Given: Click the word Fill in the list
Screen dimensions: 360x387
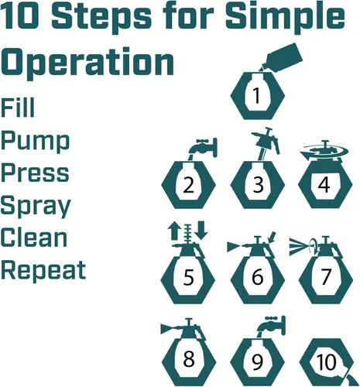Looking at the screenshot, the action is tap(18, 108).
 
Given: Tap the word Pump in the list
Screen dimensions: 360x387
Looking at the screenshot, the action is tap(36, 142).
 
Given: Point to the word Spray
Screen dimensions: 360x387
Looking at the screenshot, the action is tap(36, 207).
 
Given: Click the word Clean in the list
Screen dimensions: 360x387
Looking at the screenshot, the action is tap(34, 238).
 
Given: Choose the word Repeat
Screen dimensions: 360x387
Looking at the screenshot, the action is tap(43, 269).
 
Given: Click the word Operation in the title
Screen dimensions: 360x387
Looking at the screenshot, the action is tap(87, 63).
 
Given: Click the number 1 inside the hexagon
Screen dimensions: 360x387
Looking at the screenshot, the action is tap(256, 96).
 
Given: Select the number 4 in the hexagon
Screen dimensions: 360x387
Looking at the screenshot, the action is tap(324, 184).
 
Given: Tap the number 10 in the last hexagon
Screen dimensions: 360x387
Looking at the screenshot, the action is tap(326, 361).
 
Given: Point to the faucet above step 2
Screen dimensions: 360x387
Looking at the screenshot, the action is tap(204, 149).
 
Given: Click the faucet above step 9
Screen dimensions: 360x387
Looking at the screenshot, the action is tap(271, 326).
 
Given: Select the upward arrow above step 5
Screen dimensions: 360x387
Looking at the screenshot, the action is tap(173, 231).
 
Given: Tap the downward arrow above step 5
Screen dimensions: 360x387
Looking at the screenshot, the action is tap(201, 230).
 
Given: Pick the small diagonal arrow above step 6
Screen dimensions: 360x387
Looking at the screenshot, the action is tap(272, 238).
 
